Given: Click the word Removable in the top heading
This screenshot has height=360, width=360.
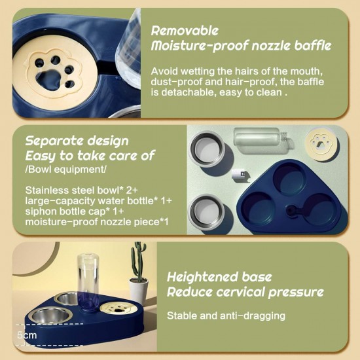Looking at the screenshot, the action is [185, 31].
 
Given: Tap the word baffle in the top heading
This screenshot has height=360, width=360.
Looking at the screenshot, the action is [313, 45].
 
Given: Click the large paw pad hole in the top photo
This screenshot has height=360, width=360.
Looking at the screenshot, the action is [50, 79].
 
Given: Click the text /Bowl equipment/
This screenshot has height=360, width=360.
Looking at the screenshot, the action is [66, 170].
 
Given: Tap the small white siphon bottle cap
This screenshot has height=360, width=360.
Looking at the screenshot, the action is [238, 175].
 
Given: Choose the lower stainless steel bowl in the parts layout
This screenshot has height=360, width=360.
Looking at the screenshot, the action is [207, 212].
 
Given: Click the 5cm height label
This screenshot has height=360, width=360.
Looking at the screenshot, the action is [27, 335].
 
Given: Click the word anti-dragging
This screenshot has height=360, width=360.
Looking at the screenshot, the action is [253, 316].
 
